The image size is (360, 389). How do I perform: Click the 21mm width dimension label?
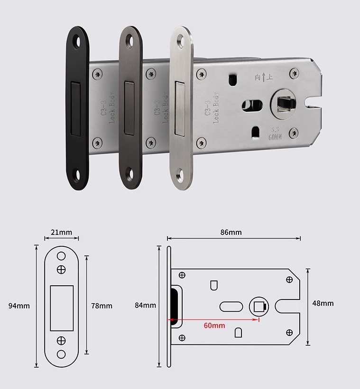click(61, 233)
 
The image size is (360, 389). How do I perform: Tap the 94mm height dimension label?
click(19, 306)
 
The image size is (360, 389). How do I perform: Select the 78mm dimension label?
click(102, 306)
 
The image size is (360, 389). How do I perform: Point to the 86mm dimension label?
click(231, 232)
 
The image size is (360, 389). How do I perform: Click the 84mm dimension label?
click(145, 305)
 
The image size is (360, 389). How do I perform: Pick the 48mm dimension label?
click(323, 303)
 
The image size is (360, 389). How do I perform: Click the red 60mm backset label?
click(214, 326)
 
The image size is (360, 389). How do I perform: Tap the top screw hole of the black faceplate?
click(78, 42)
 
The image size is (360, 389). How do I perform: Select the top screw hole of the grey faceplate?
click(129, 41)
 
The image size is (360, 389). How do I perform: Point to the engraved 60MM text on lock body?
click(275, 137)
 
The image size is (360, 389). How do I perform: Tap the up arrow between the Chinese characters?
click(264, 78)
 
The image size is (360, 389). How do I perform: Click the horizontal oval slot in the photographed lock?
click(252, 106)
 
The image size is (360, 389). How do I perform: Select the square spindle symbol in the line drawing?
click(259, 307)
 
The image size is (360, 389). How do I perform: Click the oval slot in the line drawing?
click(231, 307)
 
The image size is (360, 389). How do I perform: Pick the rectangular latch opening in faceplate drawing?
click(62, 308)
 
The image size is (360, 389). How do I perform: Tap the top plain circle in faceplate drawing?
click(61, 256)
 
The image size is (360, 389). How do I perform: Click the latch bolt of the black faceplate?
click(75, 109)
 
